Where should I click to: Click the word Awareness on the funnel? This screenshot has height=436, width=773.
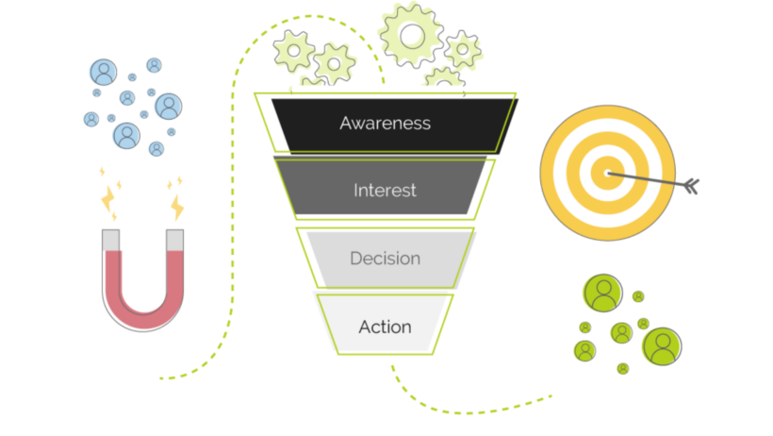pyautogui.click(x=385, y=124)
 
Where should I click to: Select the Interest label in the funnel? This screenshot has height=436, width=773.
pyautogui.click(x=385, y=191)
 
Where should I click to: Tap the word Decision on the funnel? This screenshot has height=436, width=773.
pyautogui.click(x=385, y=259)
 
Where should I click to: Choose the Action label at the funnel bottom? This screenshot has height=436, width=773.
pyautogui.click(x=385, y=327)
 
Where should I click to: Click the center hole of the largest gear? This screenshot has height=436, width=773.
pyautogui.click(x=412, y=36)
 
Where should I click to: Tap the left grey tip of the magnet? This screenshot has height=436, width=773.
pyautogui.click(x=110, y=240)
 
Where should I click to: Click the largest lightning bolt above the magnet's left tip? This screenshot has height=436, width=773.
pyautogui.click(x=108, y=198)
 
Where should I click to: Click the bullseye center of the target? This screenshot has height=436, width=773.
pyautogui.click(x=607, y=173)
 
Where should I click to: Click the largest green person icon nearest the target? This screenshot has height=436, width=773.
pyautogui.click(x=602, y=293)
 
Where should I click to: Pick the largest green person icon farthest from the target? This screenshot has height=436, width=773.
pyautogui.click(x=663, y=346)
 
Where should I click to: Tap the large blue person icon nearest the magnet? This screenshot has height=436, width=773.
pyautogui.click(x=126, y=136)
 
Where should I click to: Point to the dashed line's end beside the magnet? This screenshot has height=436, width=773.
pyautogui.click(x=161, y=378)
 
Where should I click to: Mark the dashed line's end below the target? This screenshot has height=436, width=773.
pyautogui.click(x=551, y=395)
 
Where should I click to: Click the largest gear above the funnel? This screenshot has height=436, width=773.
pyautogui.click(x=412, y=36)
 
